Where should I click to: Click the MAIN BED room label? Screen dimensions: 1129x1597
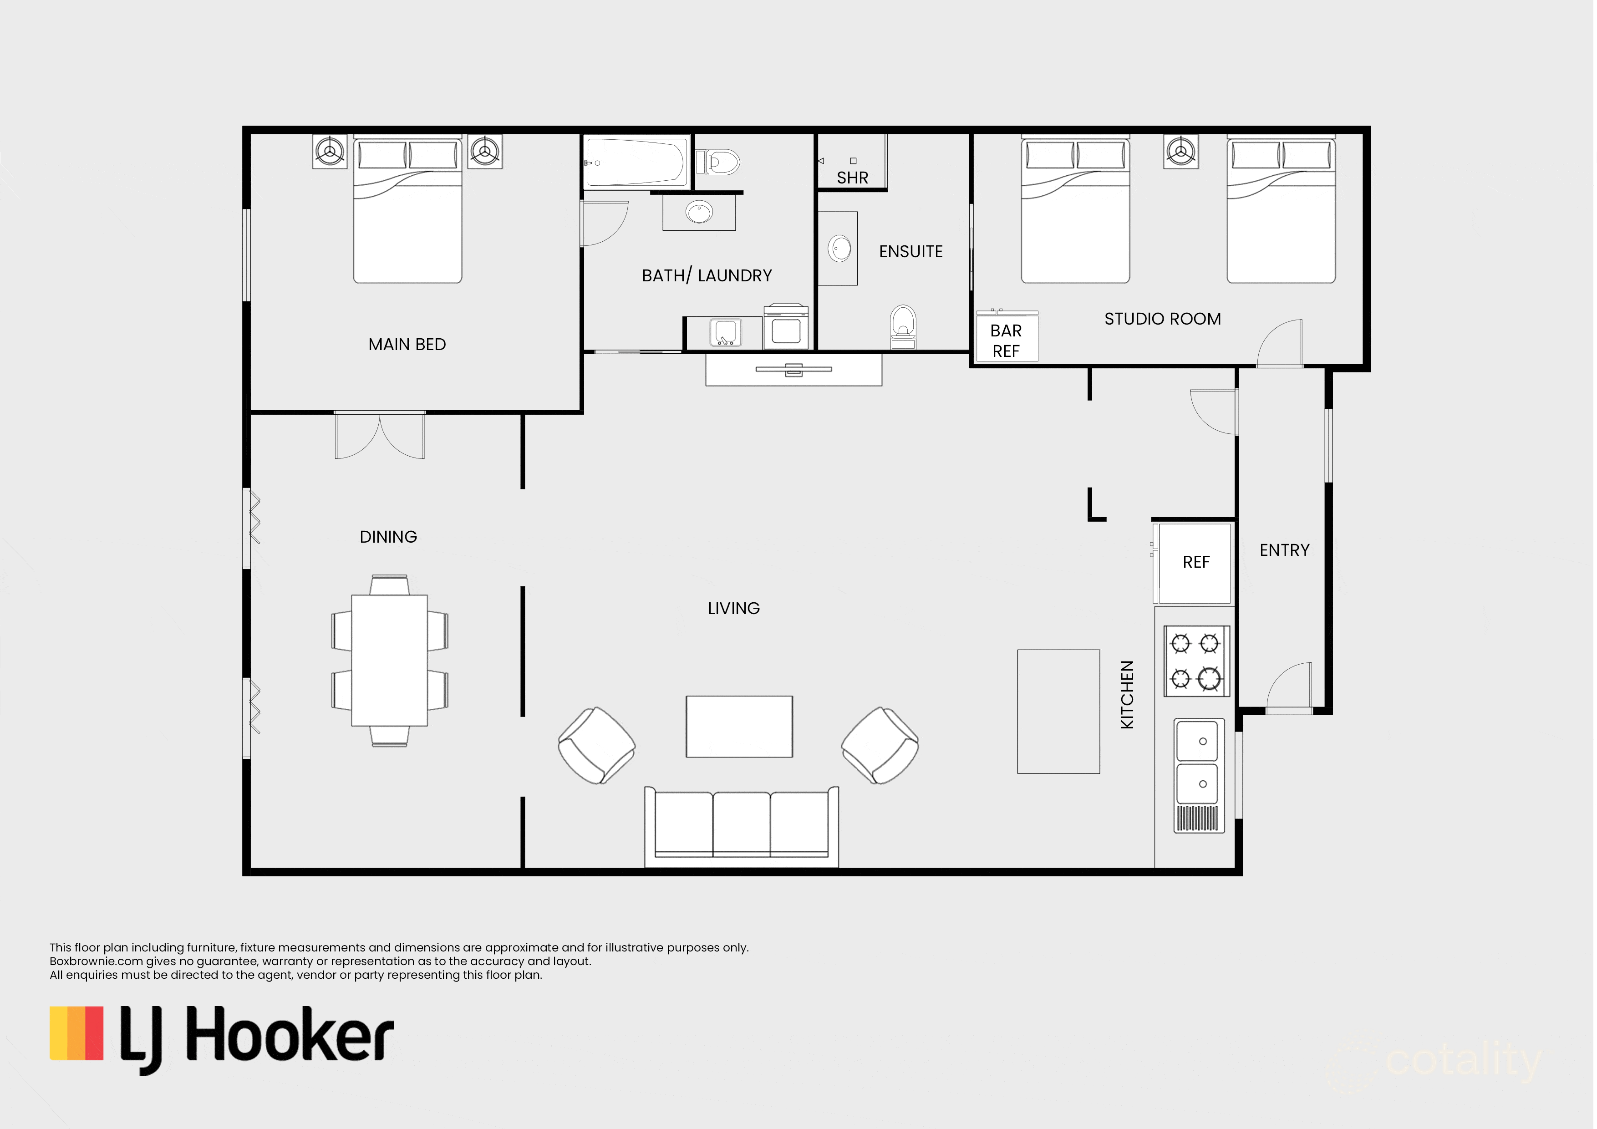[407, 344]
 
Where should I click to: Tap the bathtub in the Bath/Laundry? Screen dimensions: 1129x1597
[636, 162]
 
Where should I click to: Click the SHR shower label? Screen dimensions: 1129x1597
[852, 178]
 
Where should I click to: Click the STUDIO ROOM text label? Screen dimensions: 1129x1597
[1162, 319]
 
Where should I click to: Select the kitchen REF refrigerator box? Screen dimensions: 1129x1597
[1195, 562]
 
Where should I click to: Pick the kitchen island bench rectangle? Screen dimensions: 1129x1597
[1058, 711]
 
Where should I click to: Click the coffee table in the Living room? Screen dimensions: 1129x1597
[739, 726]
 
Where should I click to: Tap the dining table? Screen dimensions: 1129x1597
[390, 660]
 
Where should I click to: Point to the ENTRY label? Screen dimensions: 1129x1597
[1284, 550]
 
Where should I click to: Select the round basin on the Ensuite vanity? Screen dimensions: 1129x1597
[839, 249]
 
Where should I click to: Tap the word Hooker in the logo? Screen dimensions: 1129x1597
[290, 1037]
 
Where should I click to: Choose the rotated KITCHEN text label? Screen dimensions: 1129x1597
[1127, 694]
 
